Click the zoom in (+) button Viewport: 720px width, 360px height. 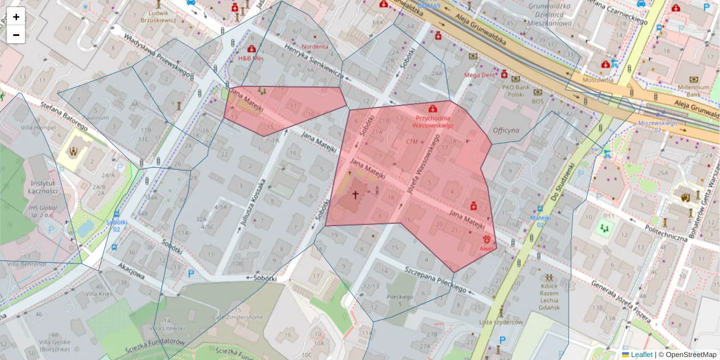[x=16, y=17]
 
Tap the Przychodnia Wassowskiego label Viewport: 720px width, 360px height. [x=433, y=122]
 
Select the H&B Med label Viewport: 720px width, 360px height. [x=251, y=59]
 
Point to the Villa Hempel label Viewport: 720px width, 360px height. [x=29, y=127]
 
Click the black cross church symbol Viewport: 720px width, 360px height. [x=355, y=195]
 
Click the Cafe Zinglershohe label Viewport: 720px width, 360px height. [x=231, y=317]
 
